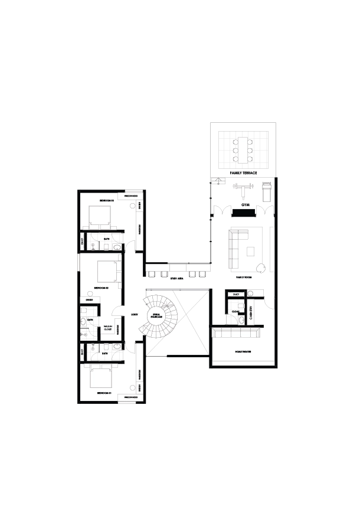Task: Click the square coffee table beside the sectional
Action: [250, 253]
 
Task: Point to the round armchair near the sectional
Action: [260, 269]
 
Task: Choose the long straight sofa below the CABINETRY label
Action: [236, 334]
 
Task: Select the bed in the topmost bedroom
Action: [100, 216]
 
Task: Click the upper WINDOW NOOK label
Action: [130, 195]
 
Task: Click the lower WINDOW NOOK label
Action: [130, 399]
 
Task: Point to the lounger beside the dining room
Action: [266, 191]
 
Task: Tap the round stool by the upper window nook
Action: [132, 205]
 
